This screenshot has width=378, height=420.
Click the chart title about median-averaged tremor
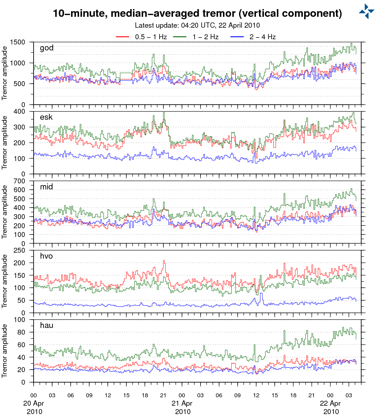[x=197, y=13]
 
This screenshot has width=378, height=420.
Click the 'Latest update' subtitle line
[x=197, y=25]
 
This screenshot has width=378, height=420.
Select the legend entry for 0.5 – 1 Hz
[x=151, y=37]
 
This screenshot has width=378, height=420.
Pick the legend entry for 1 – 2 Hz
[x=205, y=37]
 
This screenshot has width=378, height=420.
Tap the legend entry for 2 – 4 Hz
[x=262, y=37]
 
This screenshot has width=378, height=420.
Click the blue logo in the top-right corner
[x=366, y=11]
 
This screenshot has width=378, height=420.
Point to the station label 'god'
[x=47, y=48]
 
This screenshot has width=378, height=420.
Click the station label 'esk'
[x=46, y=117]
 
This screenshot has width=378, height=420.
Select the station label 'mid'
[x=47, y=187]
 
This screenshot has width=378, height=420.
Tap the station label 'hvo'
[x=46, y=256]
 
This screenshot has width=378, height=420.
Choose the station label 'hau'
[x=47, y=325]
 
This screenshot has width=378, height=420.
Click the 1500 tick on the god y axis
[x=18, y=42]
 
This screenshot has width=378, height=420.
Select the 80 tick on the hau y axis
[x=22, y=332]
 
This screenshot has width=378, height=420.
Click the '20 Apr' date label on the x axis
[x=34, y=404]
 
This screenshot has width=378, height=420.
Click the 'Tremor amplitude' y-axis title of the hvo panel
[x=5, y=281]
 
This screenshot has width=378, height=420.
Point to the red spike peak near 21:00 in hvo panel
[x=164, y=261]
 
